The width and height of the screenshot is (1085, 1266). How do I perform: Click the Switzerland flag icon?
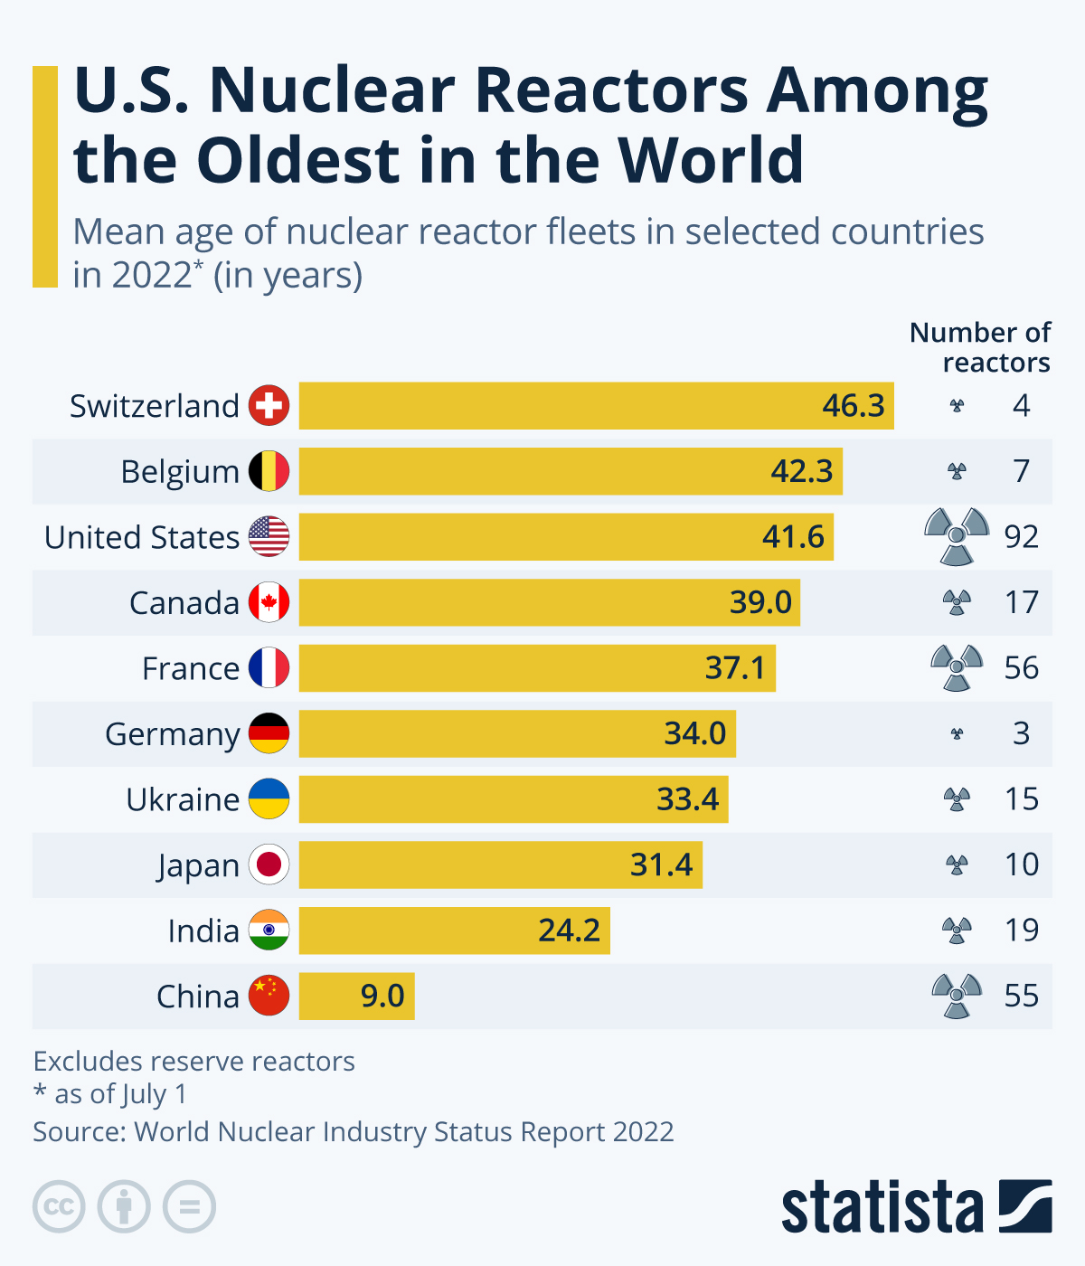[269, 405]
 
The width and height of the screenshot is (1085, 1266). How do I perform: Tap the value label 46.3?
[853, 405]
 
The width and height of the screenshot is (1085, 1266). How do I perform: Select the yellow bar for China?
[356, 996]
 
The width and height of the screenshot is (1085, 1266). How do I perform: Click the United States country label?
[142, 537]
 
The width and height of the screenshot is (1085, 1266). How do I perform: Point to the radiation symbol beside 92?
[957, 536]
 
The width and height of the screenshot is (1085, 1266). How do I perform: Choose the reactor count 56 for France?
[1021, 668]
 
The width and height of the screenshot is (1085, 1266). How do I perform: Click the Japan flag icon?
[269, 864]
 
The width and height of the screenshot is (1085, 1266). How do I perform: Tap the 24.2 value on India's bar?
[569, 931]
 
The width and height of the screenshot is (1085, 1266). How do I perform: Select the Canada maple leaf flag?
[269, 602]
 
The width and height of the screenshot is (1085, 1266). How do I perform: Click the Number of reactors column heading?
[980, 347]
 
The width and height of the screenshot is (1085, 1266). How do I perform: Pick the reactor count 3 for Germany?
[1021, 733]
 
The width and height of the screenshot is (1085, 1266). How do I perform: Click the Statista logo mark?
[1025, 1205]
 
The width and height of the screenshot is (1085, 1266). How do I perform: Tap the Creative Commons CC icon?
[60, 1206]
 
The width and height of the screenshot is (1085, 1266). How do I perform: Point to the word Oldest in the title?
[297, 161]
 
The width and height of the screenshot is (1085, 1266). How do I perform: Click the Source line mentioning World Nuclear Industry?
[354, 1132]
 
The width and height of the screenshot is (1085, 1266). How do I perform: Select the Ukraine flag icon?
[269, 799]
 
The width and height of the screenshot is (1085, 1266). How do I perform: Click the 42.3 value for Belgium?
[801, 471]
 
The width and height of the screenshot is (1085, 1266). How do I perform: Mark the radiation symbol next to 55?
[957, 996]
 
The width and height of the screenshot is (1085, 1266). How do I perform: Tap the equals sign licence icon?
[190, 1206]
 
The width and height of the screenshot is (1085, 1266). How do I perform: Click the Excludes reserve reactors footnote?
[193, 1061]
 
